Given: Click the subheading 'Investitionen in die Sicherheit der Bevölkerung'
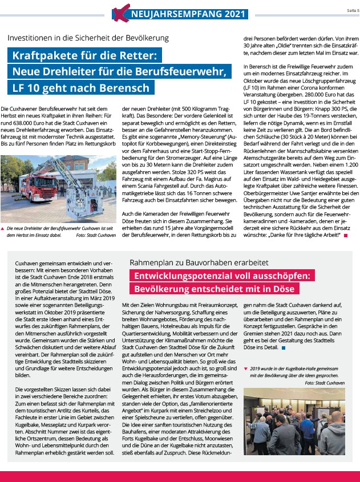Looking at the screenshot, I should [x=88, y=38].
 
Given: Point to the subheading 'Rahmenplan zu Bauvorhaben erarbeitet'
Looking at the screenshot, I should [x=191, y=262].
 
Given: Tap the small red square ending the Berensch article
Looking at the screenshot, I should [x=346, y=234].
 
